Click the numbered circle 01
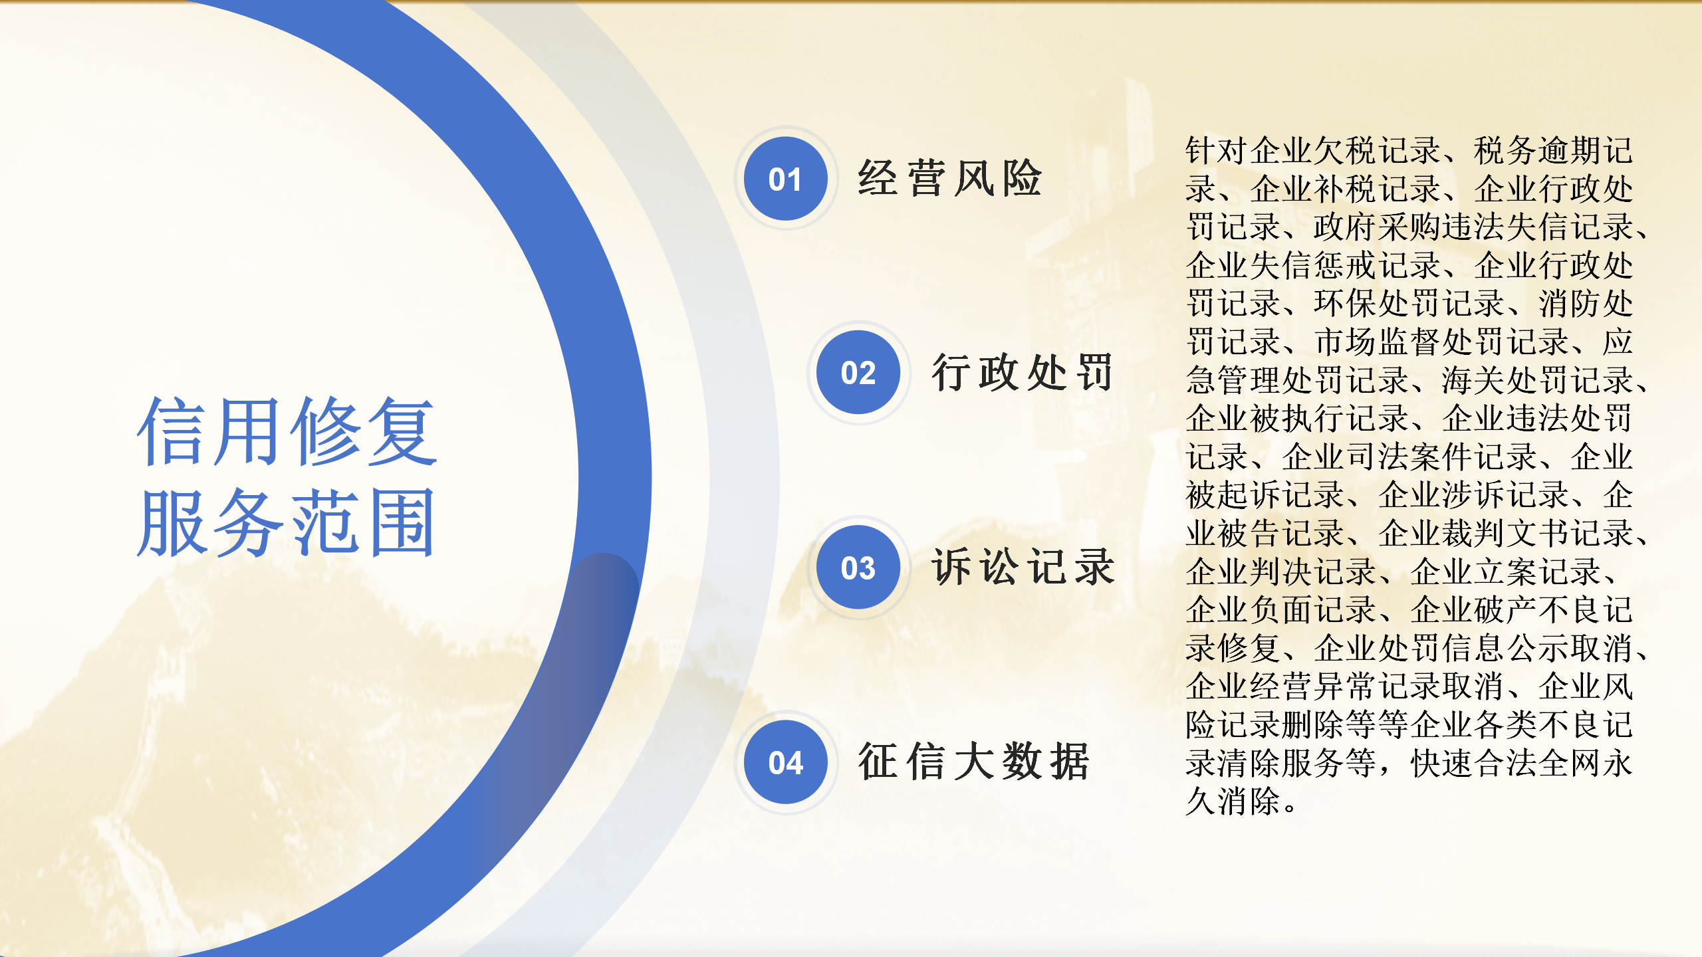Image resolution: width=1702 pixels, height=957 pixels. pos(786,179)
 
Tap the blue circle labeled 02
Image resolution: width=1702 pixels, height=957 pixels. pos(858,372)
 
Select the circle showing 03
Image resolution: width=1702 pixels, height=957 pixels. pos(858,567)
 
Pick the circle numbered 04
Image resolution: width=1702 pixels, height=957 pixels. pos(786,762)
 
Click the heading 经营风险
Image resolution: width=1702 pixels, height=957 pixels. pos(949,178)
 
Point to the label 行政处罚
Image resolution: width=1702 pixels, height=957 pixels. pos(1023,372)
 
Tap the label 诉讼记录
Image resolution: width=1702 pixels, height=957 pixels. pos(1023,567)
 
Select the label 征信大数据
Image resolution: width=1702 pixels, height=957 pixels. pos(973,762)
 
